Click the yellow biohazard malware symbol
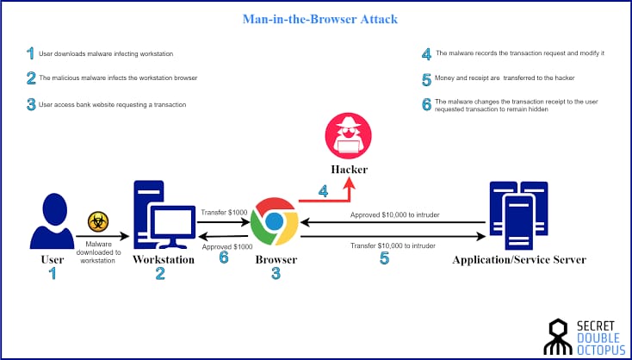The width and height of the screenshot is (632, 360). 97,222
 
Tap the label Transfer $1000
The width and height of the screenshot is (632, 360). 223,212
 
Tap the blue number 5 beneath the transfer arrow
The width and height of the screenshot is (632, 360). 384,258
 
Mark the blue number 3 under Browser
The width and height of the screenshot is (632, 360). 276,274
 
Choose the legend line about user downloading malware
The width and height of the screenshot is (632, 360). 106,54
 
